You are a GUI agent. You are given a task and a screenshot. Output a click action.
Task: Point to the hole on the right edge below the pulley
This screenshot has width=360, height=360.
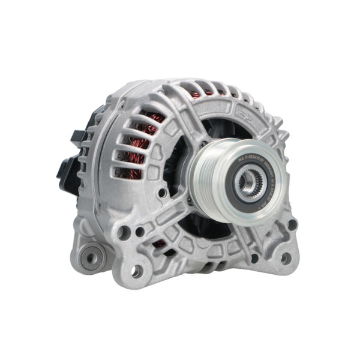pos(292,225)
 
